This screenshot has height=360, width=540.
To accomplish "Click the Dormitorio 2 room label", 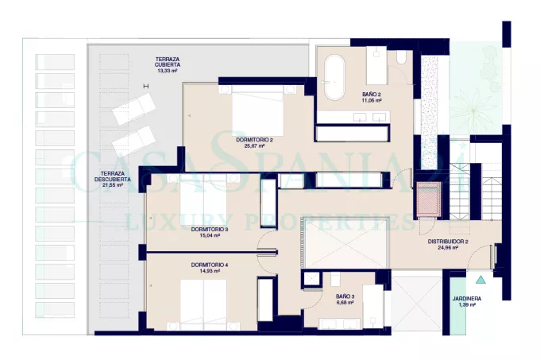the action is [x=254, y=140].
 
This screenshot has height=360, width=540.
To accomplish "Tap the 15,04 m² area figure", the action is [x=206, y=236].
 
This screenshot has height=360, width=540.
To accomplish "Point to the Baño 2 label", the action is [x=372, y=95].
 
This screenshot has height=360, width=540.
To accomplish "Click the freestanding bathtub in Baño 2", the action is [x=334, y=77].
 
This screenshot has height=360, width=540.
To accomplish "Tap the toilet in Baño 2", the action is [x=400, y=57].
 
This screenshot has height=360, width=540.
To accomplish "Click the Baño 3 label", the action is [x=345, y=296].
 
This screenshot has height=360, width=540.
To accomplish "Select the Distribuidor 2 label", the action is [x=448, y=242].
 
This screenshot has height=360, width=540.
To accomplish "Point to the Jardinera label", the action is [x=467, y=299].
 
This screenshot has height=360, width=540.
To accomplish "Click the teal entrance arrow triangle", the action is [x=480, y=280].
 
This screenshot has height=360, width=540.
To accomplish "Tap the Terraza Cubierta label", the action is [x=168, y=62].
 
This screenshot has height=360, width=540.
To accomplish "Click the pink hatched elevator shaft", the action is [x=428, y=199].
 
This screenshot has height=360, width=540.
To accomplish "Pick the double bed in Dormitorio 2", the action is [x=257, y=110].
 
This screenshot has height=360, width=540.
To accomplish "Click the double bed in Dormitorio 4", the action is [x=203, y=305].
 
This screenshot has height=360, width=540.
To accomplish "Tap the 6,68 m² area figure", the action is [x=345, y=303].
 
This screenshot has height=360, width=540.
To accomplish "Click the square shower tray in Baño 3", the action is [x=311, y=279].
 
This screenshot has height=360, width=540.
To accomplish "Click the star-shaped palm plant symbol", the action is [x=473, y=110].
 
